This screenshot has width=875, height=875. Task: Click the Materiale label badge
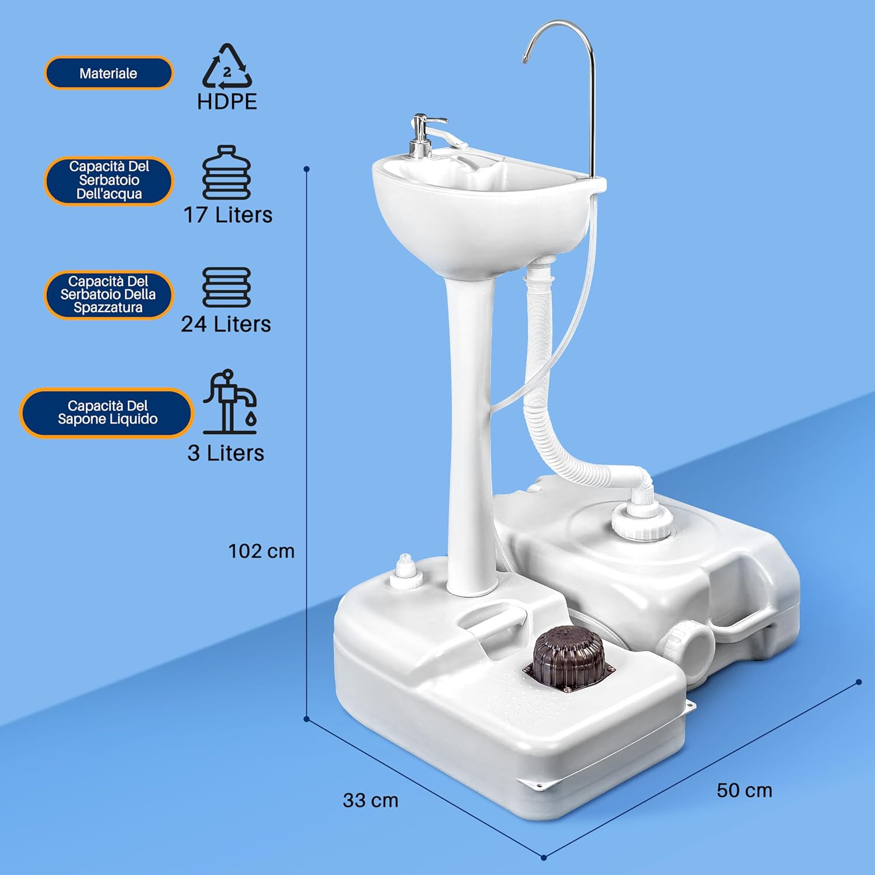coord(108,73)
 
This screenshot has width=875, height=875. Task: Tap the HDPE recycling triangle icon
coord(227,65)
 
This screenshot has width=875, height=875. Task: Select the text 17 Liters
coord(228,215)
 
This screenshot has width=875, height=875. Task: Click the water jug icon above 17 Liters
coord(226,173)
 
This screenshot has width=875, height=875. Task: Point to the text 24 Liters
coord(226,324)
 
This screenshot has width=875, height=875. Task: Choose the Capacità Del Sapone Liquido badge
coord(107,412)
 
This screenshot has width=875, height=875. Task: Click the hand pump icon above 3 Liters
coord(229,402)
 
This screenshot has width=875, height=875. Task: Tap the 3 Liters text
coord(226,453)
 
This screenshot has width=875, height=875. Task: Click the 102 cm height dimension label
coord(261,551)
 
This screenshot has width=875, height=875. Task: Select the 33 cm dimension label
coord(370,800)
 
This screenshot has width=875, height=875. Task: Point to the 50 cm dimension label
coord(744,790)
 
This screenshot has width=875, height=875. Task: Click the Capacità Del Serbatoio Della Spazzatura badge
coord(108,295)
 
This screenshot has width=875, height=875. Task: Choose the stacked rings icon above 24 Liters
coord(226,287)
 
